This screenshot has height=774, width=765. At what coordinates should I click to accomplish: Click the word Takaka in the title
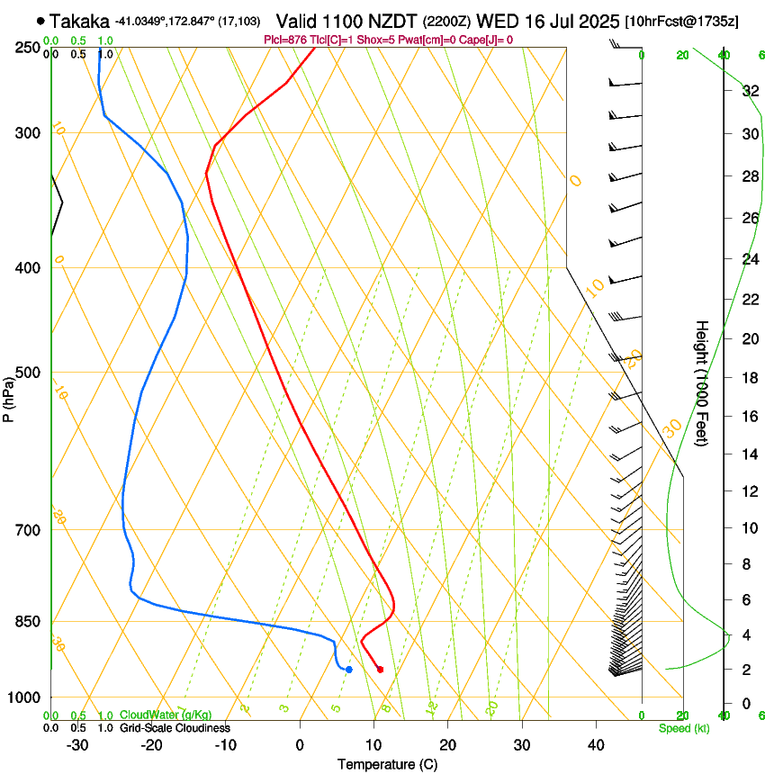(x=78, y=21)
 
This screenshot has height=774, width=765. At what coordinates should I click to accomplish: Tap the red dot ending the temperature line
(x=380, y=669)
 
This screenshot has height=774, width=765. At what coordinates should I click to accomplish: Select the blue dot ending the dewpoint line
(x=348, y=669)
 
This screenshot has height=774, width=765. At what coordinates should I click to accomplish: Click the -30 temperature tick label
(x=77, y=745)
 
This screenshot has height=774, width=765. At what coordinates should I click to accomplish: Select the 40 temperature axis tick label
(x=595, y=745)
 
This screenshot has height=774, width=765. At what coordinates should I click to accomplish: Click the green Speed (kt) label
(x=683, y=728)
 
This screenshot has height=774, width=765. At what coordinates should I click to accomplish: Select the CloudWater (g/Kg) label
(x=158, y=715)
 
